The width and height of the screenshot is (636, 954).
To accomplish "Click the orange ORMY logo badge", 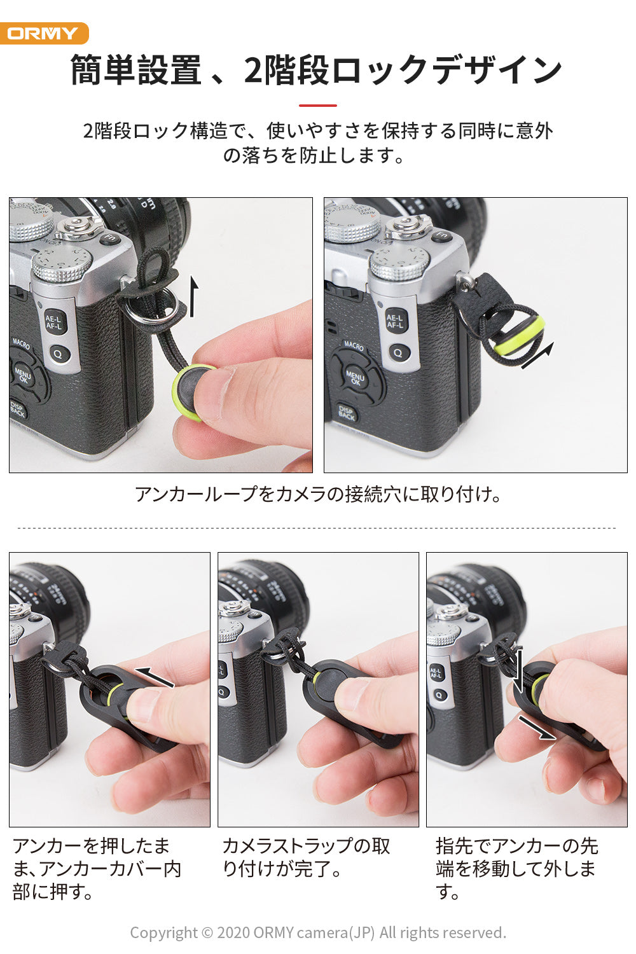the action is [44, 33].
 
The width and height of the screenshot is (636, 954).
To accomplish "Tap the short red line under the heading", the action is [318, 105].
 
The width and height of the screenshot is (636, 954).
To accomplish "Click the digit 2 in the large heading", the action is [254, 70].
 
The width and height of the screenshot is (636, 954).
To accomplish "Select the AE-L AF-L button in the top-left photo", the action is [54, 322].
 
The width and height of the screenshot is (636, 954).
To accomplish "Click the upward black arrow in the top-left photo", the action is [193, 296].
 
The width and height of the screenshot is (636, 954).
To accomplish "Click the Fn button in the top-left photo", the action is [110, 238].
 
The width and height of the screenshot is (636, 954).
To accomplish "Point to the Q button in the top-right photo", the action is [397, 352].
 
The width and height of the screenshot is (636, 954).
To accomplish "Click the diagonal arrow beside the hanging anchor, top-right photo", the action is [537, 355].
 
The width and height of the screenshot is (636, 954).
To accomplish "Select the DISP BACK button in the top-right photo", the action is [347, 413].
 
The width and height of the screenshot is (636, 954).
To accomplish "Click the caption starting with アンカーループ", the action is [318, 494].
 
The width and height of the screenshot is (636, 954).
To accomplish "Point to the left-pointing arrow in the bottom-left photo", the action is [155, 677].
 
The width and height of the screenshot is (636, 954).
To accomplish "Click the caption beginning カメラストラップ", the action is [306, 857].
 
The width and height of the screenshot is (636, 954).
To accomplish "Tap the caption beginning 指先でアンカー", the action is [516, 868].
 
